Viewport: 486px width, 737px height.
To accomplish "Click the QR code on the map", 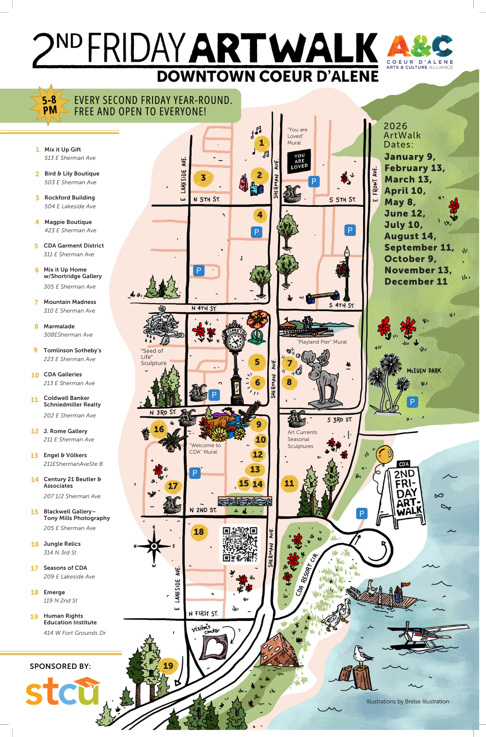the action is tap(240, 544).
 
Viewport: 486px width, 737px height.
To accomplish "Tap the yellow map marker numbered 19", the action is tap(168, 666).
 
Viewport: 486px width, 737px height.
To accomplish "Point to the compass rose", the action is tap(154, 546).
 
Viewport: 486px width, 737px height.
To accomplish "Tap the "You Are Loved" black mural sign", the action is tap(299, 161).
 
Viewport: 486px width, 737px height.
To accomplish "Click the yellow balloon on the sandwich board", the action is tap(385, 454).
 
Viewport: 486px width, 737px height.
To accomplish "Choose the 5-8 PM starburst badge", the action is tap(49, 105).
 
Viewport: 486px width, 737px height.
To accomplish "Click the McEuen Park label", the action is tap(424, 371).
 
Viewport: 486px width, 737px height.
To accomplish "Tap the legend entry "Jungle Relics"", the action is tap(62, 544).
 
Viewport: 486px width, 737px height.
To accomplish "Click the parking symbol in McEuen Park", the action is tap(412, 402).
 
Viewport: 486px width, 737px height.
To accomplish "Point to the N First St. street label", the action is tap(203, 613).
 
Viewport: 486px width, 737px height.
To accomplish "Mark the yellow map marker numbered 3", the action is tap(203, 178).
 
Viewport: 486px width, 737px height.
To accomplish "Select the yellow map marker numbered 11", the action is tap(289, 483).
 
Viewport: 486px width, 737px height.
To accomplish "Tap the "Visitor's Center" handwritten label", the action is tap(206, 629).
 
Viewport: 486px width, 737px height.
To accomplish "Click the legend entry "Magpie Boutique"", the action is tap(68, 222).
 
